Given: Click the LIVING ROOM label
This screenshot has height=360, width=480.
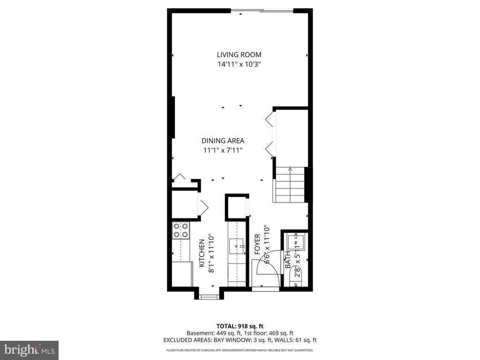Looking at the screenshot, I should pyautogui.click(x=239, y=54).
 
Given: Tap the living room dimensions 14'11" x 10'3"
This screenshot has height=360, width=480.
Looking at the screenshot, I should pyautogui.click(x=239, y=64).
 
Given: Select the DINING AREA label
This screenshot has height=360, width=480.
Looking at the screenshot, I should pyautogui.click(x=223, y=141).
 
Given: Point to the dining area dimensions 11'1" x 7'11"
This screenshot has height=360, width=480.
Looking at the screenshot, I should pyautogui.click(x=223, y=150).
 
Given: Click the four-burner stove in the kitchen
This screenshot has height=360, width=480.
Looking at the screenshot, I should pyautogui.click(x=181, y=230).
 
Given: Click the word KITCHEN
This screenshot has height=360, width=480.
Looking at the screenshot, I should pyautogui.click(x=202, y=253).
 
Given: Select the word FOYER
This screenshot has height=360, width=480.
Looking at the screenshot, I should pyautogui.click(x=257, y=244).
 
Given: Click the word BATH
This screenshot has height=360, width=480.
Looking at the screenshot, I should pyautogui.click(x=287, y=260).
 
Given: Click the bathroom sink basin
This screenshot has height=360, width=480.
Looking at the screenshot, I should pyautogui.click(x=296, y=242).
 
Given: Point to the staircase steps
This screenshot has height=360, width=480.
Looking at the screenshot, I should pyautogui.click(x=289, y=185).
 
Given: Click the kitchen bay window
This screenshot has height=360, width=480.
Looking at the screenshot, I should pyautogui.click(x=208, y=296).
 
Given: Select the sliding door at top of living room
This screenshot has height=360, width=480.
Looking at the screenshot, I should pyautogui.click(x=262, y=10).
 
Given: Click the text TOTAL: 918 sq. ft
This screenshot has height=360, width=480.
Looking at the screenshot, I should pyautogui.click(x=240, y=326).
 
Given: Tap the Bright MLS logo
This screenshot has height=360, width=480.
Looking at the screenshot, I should pyautogui.click(x=29, y=350).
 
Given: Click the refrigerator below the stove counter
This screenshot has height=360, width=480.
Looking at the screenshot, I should pyautogui.click(x=182, y=274).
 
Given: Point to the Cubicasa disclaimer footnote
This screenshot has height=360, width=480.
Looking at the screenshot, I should pyautogui.click(x=240, y=350).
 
